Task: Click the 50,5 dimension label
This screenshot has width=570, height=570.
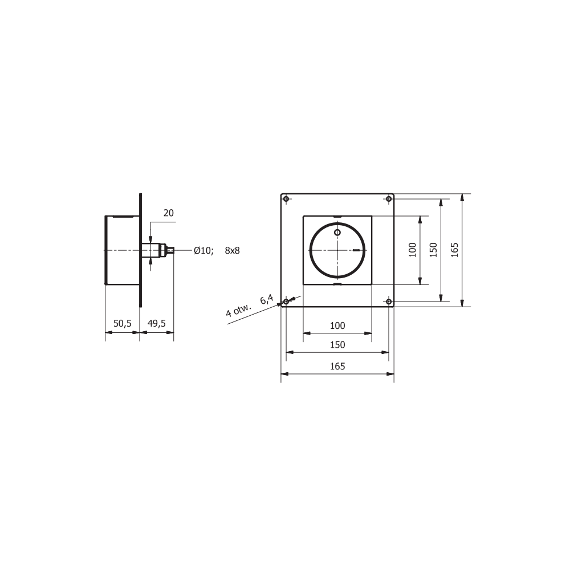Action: point(122,323)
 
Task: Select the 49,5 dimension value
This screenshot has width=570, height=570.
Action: point(157,323)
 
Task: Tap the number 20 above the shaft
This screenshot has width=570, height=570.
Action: point(168,213)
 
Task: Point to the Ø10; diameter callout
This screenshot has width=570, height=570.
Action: point(203,250)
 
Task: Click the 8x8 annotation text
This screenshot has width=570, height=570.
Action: point(233,250)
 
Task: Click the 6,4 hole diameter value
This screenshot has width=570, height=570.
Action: point(266,299)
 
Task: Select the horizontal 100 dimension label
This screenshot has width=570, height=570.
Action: point(337,325)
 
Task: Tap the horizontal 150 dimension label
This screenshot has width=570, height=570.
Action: point(337,345)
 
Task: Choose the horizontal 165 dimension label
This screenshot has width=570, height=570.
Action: point(337,366)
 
